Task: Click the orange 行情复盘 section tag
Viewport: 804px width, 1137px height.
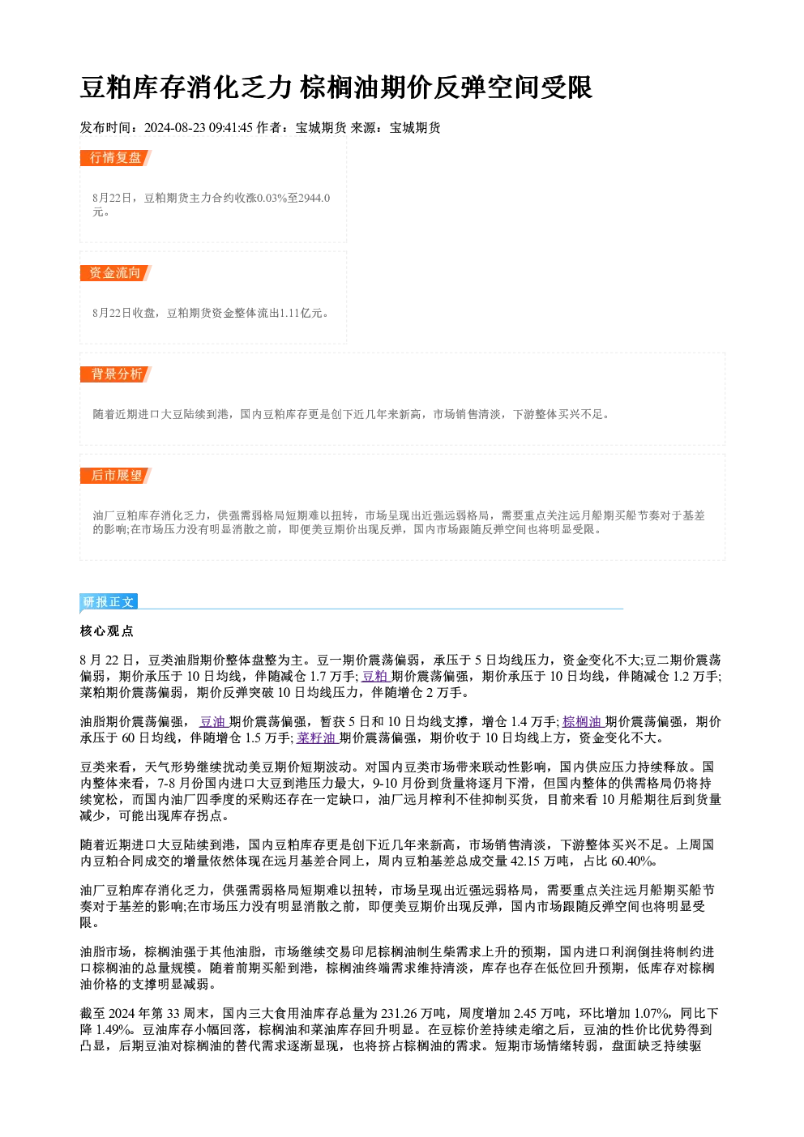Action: [116, 158]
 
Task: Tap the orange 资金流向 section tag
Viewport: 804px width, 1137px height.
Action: [116, 273]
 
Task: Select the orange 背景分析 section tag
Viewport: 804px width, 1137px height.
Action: [116, 374]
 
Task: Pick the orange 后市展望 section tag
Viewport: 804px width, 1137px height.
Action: [116, 476]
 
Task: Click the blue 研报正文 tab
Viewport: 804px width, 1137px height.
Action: [109, 602]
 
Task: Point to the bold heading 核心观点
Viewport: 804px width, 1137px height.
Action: [107, 631]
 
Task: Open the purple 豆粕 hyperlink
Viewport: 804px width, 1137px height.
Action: [375, 676]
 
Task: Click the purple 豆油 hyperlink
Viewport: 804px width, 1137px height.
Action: [212, 722]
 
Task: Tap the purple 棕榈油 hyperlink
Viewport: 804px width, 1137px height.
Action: [582, 722]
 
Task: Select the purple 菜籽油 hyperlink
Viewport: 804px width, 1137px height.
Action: [317, 738]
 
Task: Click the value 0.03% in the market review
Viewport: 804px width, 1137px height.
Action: [272, 198]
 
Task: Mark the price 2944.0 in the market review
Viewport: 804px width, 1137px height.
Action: [314, 198]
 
